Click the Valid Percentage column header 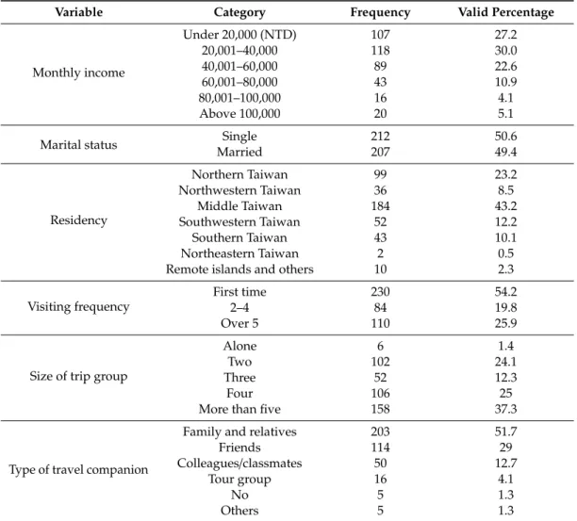pos(505,12)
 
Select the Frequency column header pos(380,12)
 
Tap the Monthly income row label pos(78,73)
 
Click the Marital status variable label pos(78,144)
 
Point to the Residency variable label pos(78,220)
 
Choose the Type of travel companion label pos(78,469)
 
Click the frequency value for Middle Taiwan pos(380,206)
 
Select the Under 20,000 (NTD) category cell pos(239,35)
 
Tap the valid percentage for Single pos(505,136)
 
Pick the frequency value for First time pos(380,291)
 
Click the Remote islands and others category pos(239,269)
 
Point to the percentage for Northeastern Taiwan pos(505,253)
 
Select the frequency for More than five pos(380,409)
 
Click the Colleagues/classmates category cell pos(239,464)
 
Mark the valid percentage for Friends pos(505,448)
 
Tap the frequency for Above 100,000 pos(380,114)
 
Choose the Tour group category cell pos(239,480)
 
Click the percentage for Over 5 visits pos(505,323)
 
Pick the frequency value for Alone pos(380,346)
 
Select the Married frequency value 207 pos(380,152)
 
